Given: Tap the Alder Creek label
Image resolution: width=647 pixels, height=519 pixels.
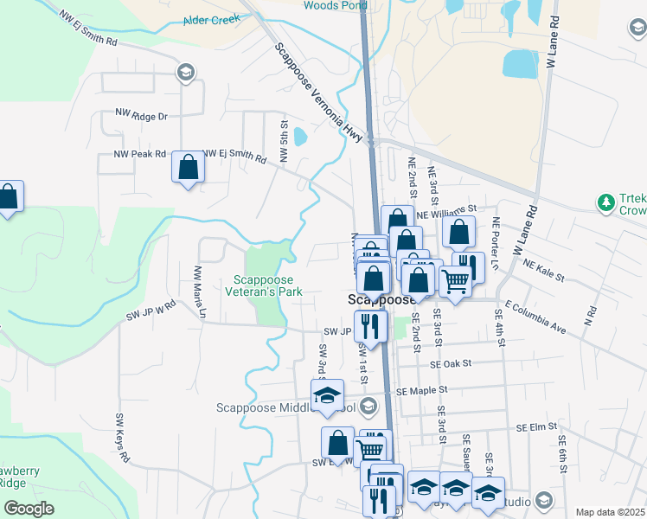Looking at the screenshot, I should (x=211, y=19).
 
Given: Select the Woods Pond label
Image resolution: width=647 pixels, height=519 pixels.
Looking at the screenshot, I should (x=332, y=5).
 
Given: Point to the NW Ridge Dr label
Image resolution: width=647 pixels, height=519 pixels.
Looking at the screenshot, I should (x=141, y=115).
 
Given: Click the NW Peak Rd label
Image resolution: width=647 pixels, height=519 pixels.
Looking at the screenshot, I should (x=139, y=154).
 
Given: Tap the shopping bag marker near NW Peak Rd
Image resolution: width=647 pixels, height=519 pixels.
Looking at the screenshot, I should (x=188, y=167).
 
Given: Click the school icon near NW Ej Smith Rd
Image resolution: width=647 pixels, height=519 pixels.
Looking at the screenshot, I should (x=184, y=72).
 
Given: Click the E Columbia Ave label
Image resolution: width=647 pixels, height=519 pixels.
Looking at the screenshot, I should (x=536, y=316).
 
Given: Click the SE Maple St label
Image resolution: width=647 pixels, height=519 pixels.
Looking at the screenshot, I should (x=425, y=392).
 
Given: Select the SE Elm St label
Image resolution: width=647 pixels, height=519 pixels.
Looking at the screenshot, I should (x=535, y=427).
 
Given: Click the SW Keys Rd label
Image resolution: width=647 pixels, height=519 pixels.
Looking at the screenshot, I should (x=122, y=436).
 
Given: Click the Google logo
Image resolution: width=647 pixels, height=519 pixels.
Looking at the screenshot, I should (x=29, y=509).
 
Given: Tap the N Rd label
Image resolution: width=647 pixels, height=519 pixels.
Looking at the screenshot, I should (x=591, y=317).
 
